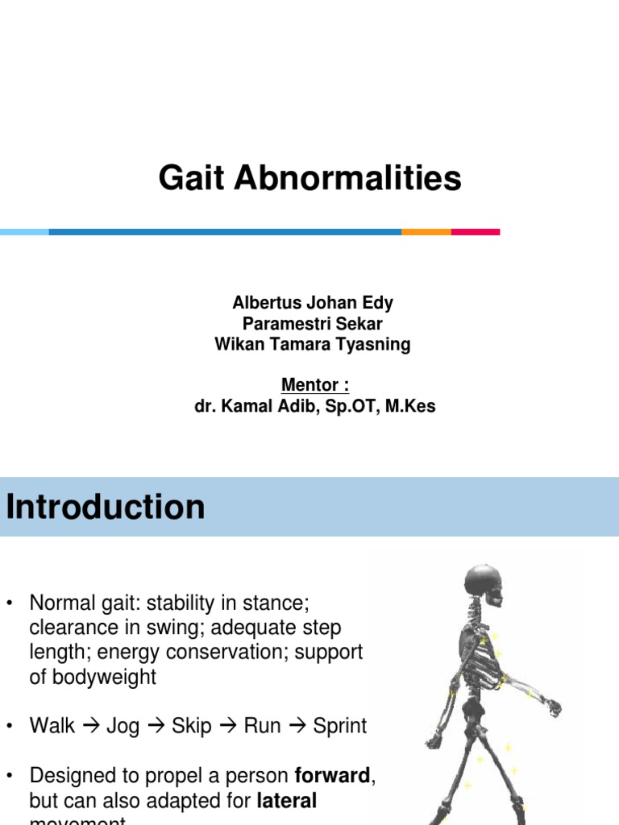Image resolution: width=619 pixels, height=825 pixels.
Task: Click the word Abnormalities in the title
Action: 347,178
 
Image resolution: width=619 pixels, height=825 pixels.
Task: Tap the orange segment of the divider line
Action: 426,232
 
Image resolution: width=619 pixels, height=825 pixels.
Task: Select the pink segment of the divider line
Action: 475,232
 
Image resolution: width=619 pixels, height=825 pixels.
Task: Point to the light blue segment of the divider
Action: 24,232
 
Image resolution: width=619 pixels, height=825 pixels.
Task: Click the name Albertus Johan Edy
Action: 313,304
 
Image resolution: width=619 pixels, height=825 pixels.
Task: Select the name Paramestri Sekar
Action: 313,324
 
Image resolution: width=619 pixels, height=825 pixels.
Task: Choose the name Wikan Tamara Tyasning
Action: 313,345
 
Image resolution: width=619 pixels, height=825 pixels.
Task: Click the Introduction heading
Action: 106,508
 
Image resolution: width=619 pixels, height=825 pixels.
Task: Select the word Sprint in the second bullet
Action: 339,726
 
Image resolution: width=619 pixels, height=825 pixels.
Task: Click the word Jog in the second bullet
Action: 123,726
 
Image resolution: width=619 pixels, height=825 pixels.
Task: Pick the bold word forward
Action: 332,777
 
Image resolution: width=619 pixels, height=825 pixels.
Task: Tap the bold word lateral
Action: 286,801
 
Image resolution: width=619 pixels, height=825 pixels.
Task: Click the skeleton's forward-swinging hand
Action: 552,708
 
